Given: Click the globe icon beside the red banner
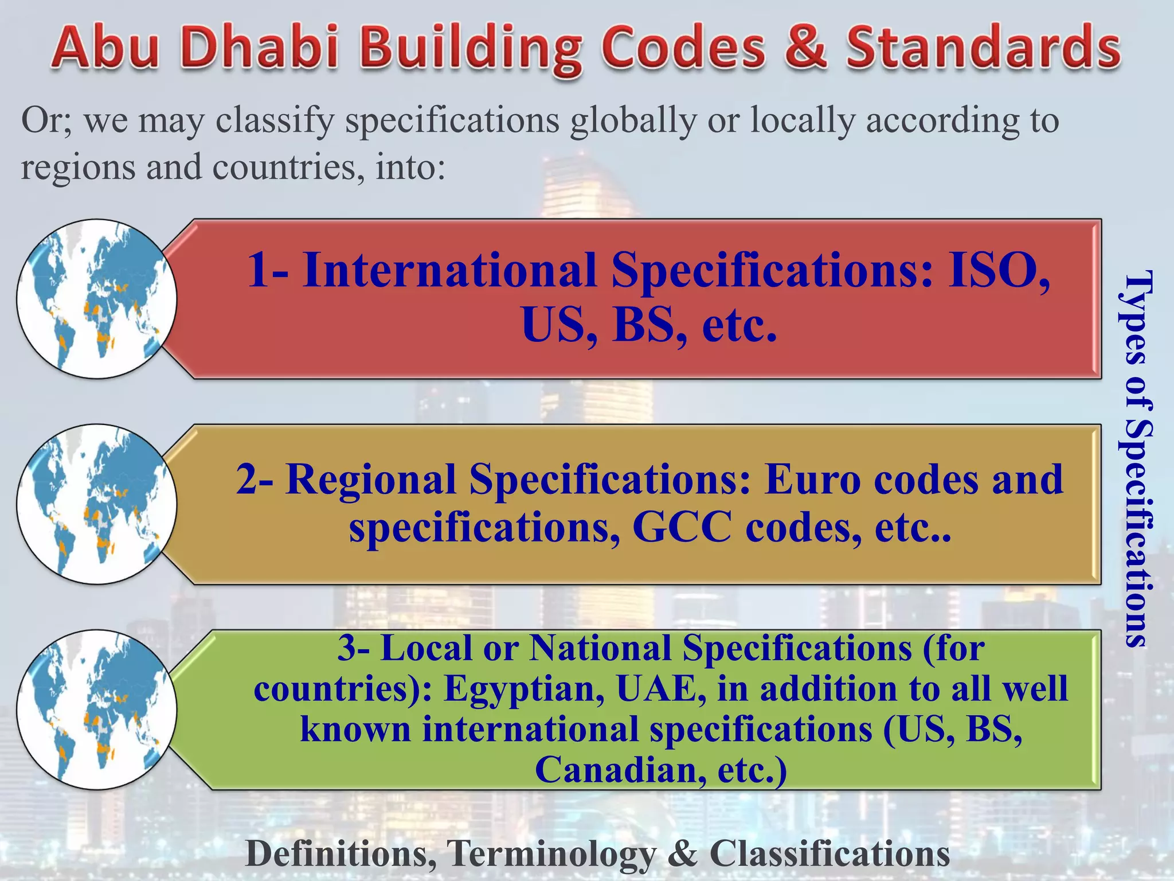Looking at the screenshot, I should [96, 299].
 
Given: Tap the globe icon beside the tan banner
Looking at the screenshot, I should [96, 504].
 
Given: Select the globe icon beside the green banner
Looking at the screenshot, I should [96, 710].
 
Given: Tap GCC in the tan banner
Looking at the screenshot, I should [682, 527].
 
